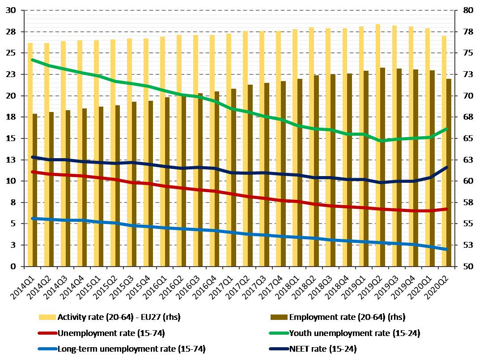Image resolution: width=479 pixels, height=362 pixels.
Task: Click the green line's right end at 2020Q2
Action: coord(446,129)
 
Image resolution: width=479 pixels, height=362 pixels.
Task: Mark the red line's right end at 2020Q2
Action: coord(446,209)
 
